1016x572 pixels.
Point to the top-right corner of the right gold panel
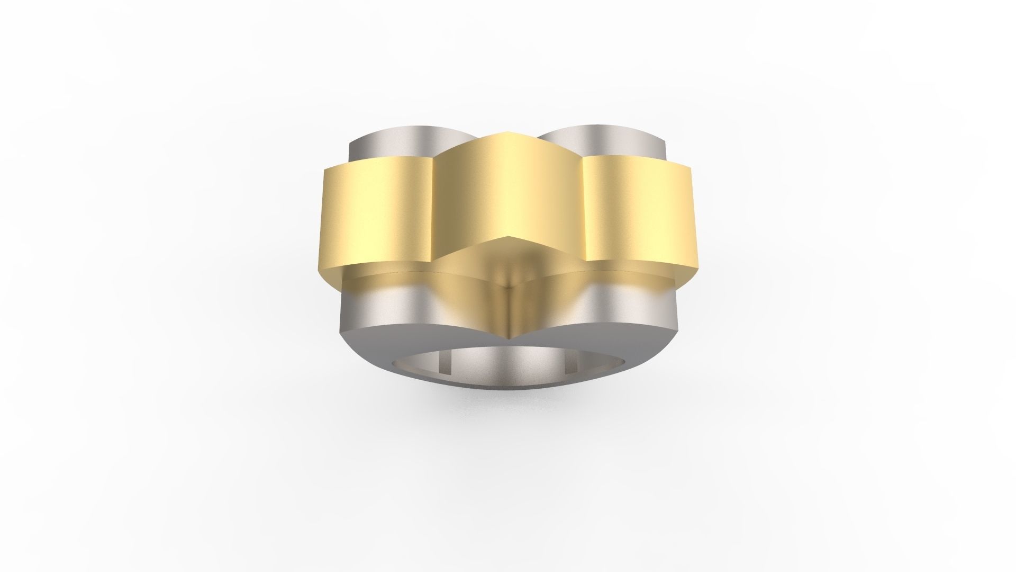pos(691,168)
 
